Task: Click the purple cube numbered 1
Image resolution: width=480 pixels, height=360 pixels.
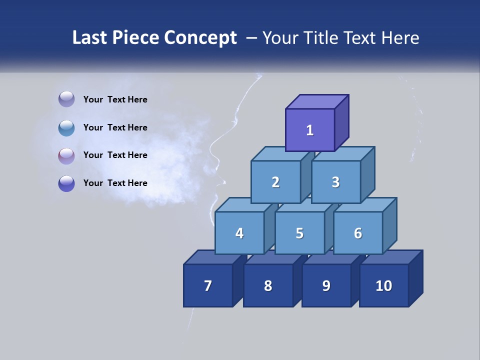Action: (x=310, y=130)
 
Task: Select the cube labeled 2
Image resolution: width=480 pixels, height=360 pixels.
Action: (x=275, y=182)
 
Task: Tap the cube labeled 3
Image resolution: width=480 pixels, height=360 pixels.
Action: (x=335, y=182)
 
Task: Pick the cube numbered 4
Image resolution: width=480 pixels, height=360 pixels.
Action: (x=239, y=233)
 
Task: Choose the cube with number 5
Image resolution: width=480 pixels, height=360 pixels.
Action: (x=299, y=233)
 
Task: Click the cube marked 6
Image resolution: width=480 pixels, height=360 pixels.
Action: (x=358, y=233)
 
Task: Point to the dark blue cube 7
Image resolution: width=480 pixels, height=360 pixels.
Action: (x=208, y=285)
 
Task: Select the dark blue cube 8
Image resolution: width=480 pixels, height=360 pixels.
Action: (x=268, y=285)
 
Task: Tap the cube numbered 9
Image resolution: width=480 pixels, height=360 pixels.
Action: (x=326, y=285)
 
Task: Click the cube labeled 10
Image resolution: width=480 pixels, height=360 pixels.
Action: (x=384, y=285)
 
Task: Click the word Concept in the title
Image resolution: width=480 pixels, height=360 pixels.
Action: (x=200, y=38)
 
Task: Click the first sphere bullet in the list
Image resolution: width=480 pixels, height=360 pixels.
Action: (x=66, y=99)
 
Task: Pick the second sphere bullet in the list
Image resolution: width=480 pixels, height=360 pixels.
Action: (x=66, y=127)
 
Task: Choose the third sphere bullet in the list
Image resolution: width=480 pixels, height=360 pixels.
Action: (x=66, y=155)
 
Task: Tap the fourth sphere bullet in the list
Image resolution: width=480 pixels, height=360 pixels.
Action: (x=66, y=183)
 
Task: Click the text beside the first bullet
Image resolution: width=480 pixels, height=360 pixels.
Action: (x=115, y=99)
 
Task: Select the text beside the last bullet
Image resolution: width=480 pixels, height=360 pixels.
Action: (x=115, y=183)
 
